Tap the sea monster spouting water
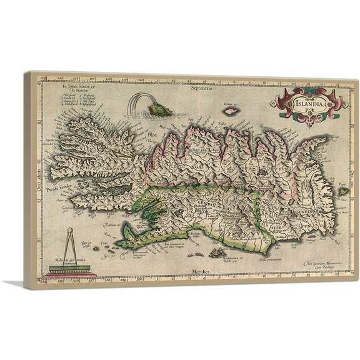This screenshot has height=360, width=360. (156, 111)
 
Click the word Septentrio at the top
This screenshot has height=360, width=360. (204, 89)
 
